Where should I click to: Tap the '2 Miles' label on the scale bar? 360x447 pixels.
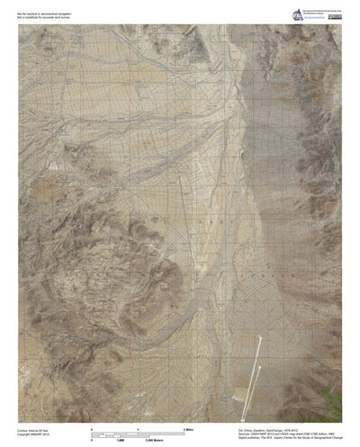point(189,429)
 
